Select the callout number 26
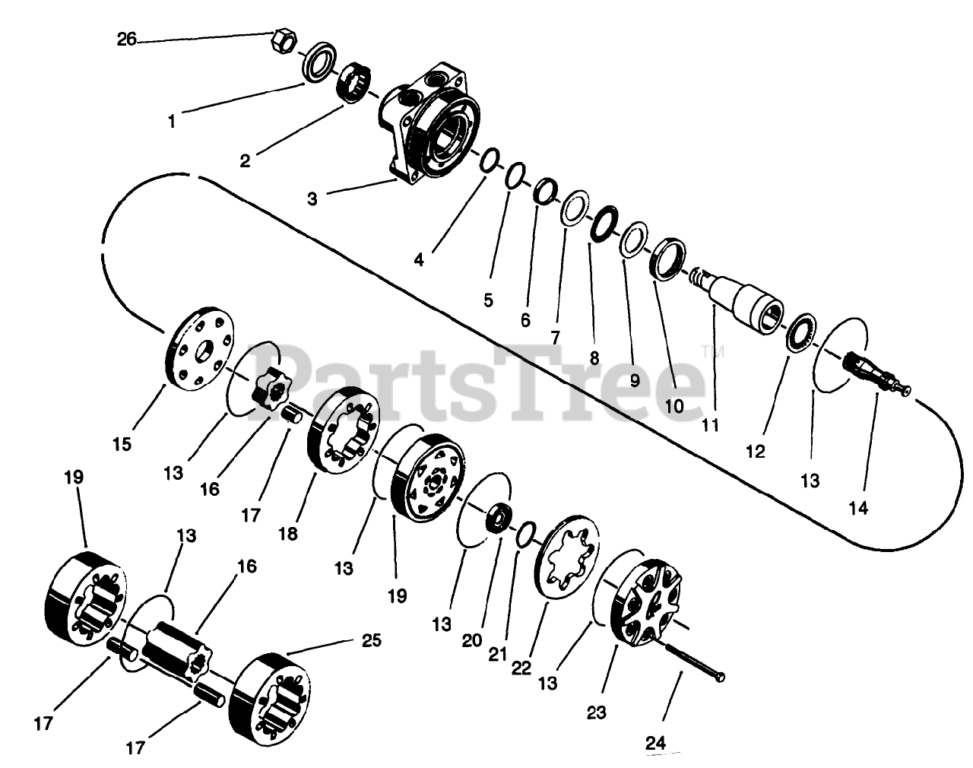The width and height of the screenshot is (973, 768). click(x=127, y=39)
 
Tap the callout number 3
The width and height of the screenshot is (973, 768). click(x=312, y=199)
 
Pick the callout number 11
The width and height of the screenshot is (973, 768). click(x=710, y=425)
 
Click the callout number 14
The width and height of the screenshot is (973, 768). click(x=858, y=509)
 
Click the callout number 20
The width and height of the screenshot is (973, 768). click(x=472, y=640)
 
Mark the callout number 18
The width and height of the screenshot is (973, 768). click(x=288, y=534)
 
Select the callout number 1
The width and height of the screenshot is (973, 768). click(x=172, y=120)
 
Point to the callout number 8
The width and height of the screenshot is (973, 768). click(x=594, y=357)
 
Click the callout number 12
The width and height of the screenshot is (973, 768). click(x=755, y=452)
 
